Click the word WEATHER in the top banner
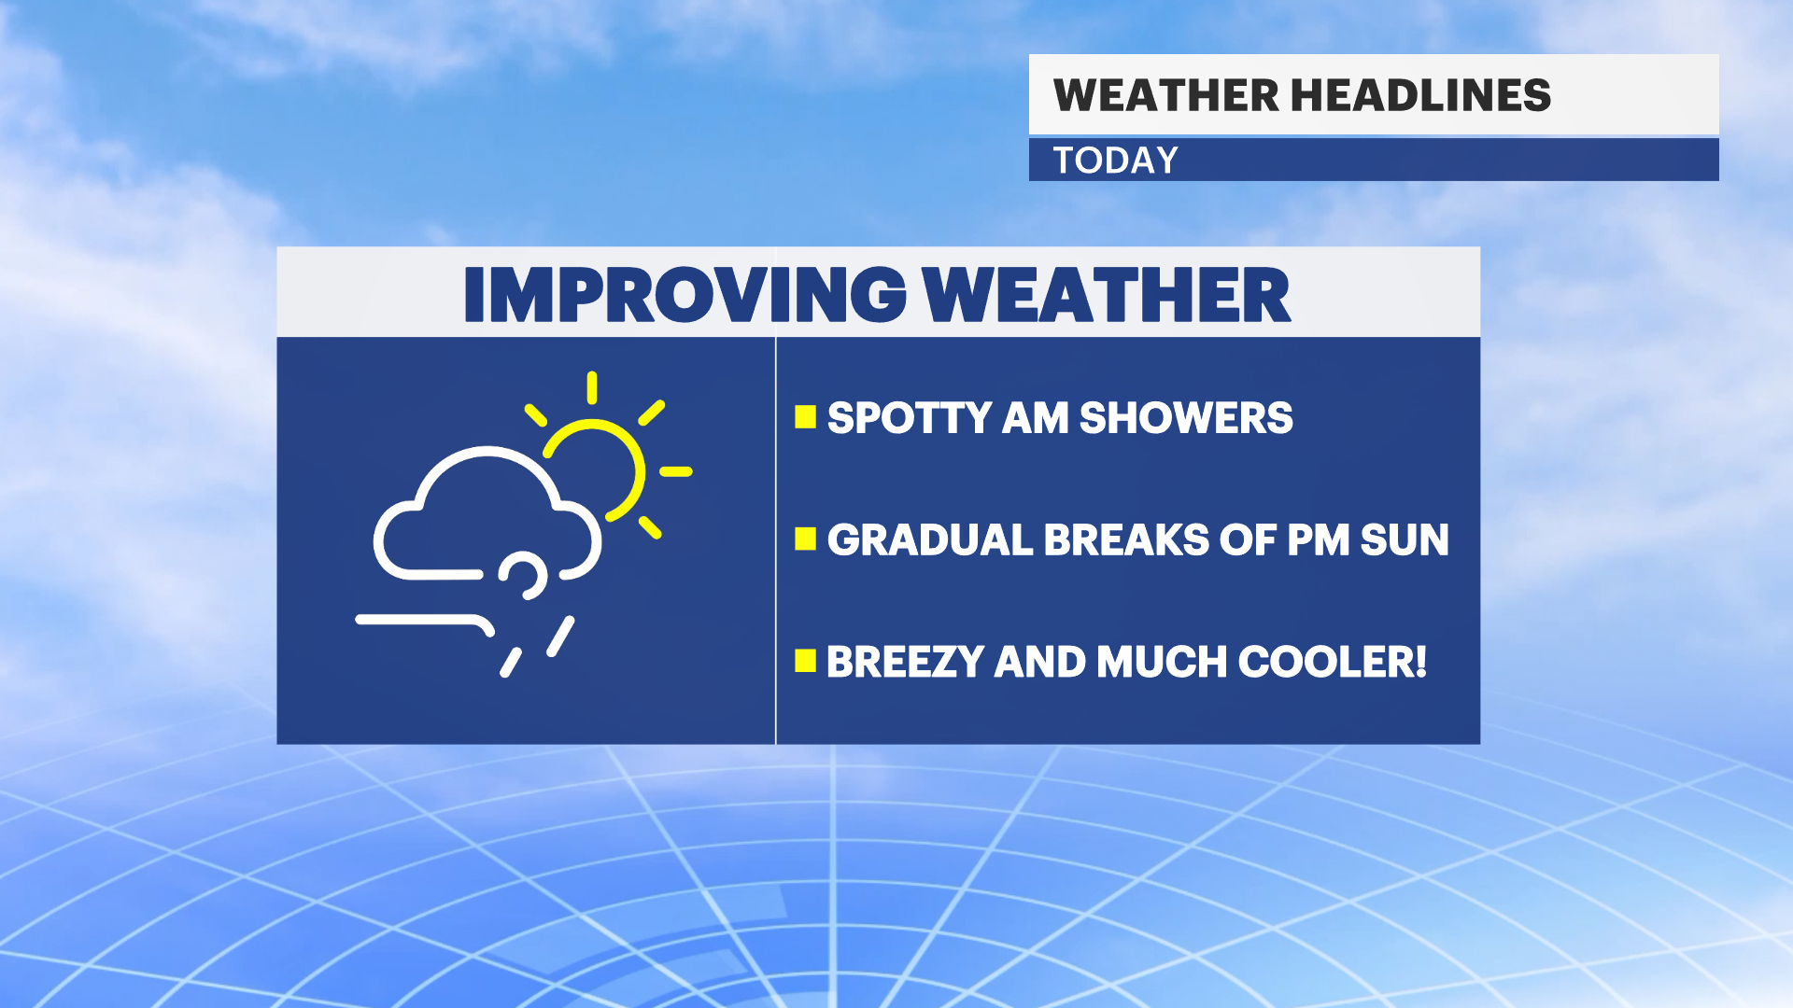pos(1165,95)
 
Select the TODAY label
pos(1115,161)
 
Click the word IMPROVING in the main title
pos(685,295)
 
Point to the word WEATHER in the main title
pos(1107,295)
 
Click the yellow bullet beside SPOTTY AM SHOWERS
pos(805,416)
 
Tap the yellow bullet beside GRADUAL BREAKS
pos(805,539)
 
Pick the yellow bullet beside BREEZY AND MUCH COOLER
pos(805,661)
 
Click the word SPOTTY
pos(909,417)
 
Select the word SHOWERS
pos(1186,417)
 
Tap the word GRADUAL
pos(929,539)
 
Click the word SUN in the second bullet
pos(1405,539)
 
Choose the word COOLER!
pos(1333,662)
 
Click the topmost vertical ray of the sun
pos(592,387)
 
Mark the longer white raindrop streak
pos(560,637)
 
